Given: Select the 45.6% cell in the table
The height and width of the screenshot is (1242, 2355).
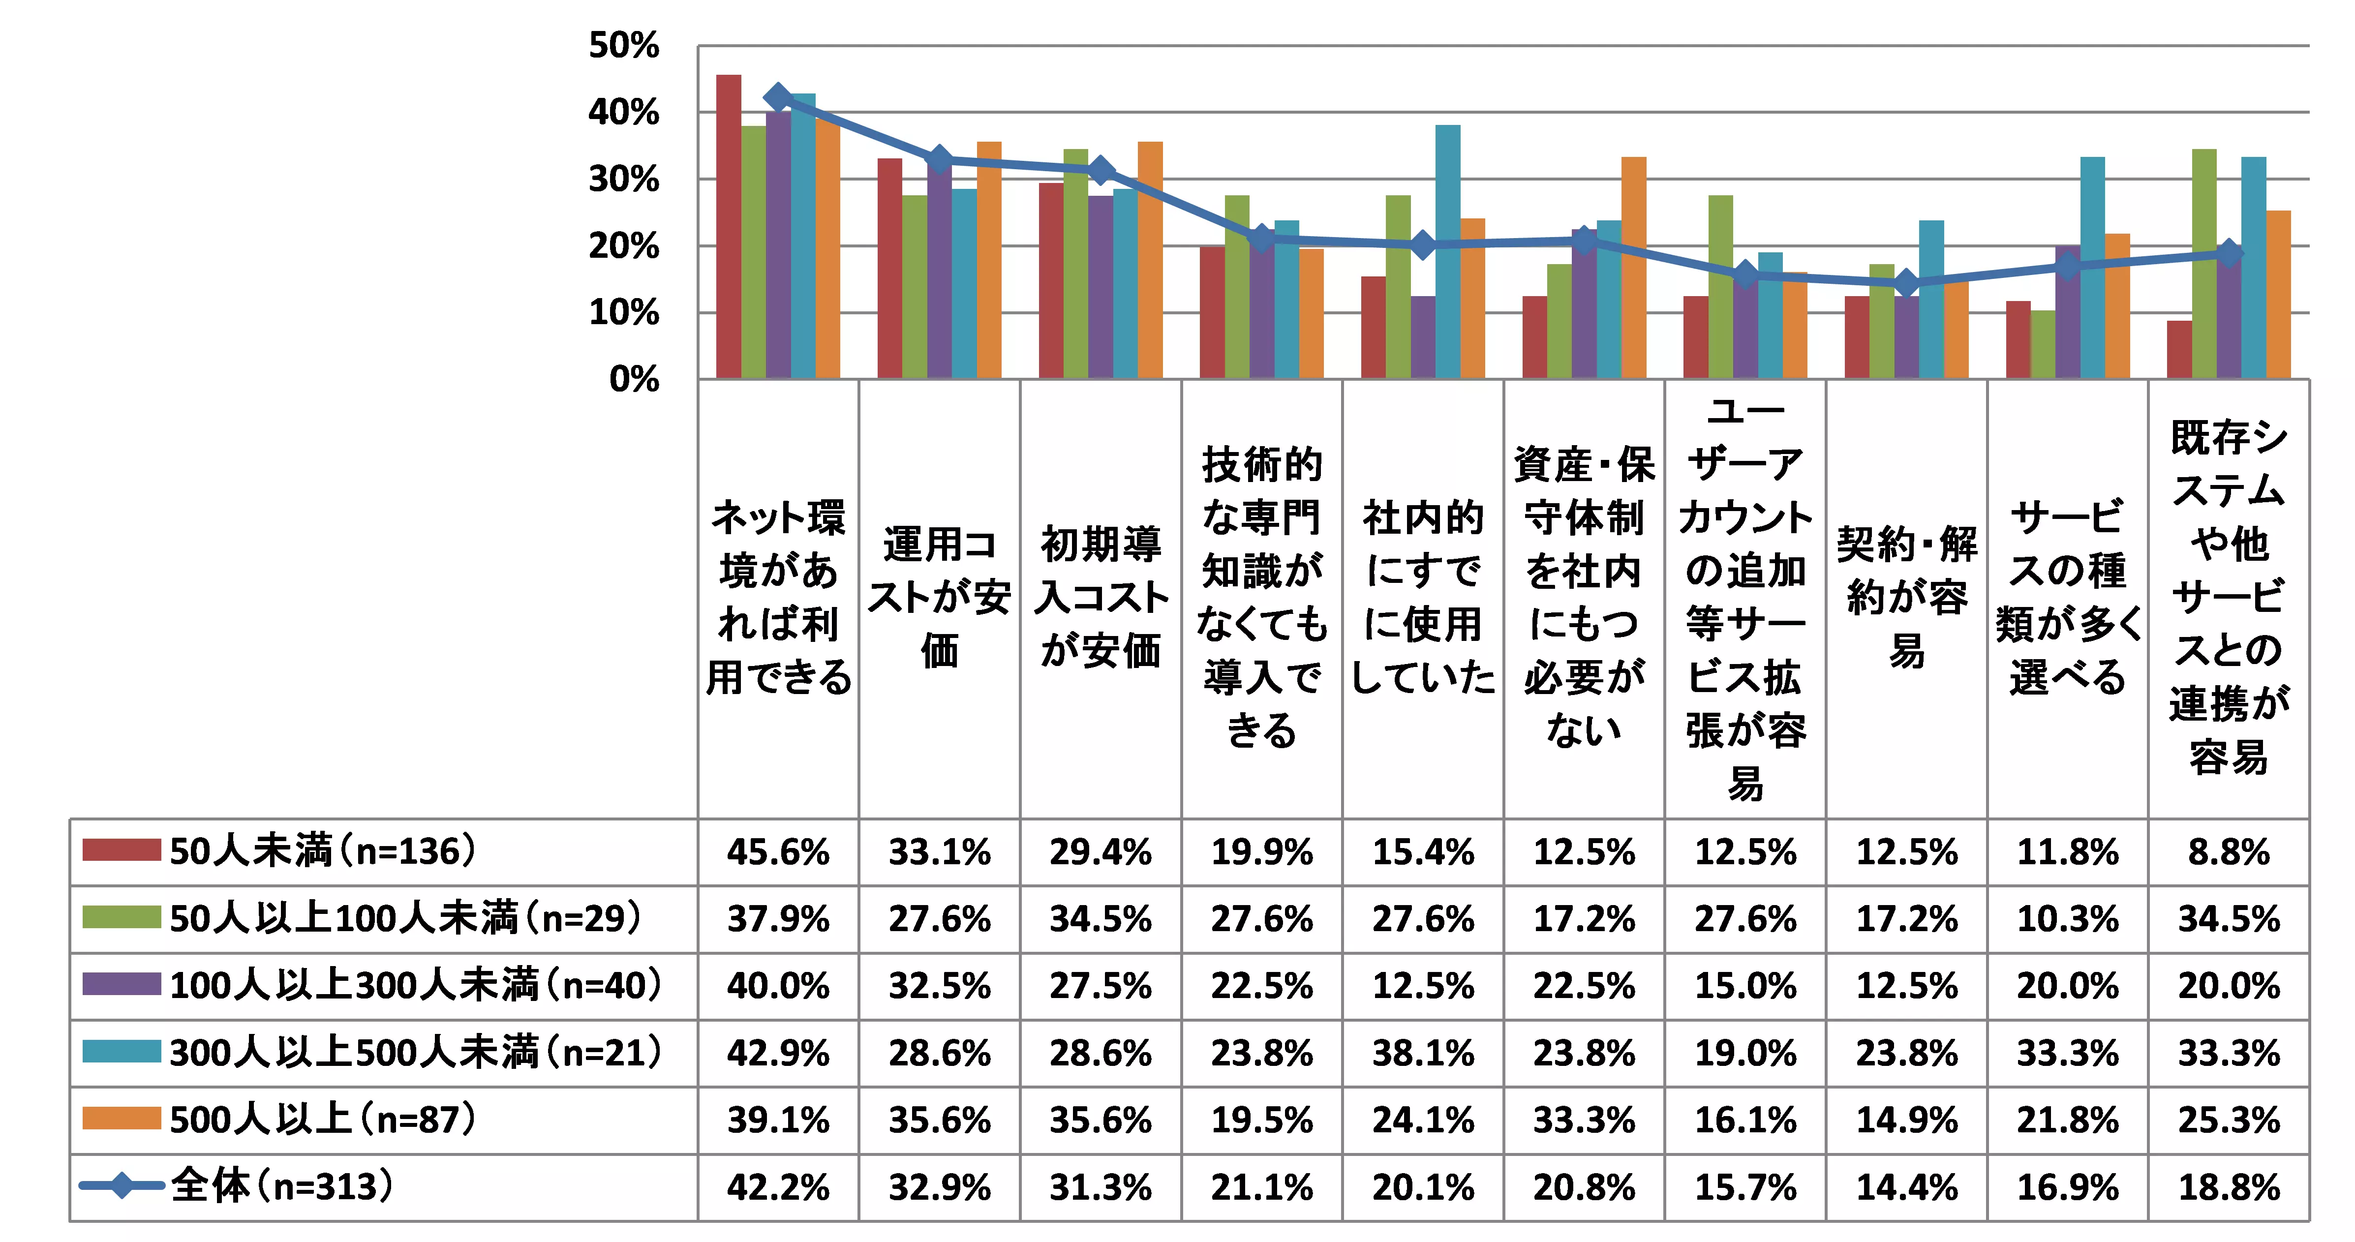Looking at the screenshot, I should coord(778,852).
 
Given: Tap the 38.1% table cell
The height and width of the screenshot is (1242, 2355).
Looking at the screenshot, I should coord(1423,1053).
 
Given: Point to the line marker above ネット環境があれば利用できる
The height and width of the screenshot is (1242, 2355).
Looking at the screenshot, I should coord(778,97).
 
